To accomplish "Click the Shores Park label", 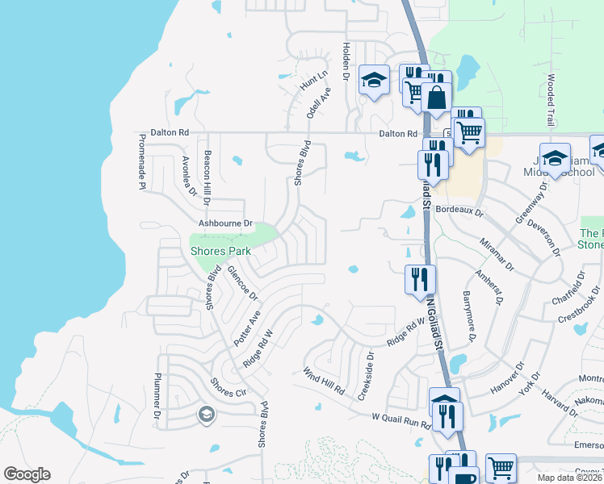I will pyautogui.click(x=220, y=251).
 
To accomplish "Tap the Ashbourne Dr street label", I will pyautogui.click(x=225, y=223).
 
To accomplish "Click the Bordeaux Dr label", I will pyautogui.click(x=458, y=211).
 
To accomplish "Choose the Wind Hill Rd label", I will pyautogui.click(x=324, y=381).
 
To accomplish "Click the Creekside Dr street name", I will pyautogui.click(x=370, y=366).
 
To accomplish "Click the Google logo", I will pyautogui.click(x=27, y=474).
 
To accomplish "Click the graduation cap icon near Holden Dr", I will pyautogui.click(x=374, y=80).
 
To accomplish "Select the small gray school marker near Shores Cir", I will pyautogui.click(x=206, y=415).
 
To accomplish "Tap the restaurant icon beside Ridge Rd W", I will pyautogui.click(x=420, y=278).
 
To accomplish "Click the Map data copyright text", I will pyautogui.click(x=568, y=478).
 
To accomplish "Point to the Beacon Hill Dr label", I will pyautogui.click(x=208, y=177).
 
